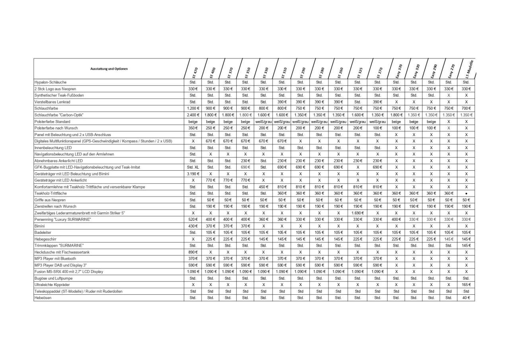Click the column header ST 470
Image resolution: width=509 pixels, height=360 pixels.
click(194, 72)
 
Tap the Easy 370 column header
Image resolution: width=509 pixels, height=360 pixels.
click(398, 71)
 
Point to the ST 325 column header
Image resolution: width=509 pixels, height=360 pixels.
click(359, 72)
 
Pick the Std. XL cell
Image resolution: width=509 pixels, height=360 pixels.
click(193, 167)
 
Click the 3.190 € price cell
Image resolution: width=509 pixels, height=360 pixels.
click(193, 174)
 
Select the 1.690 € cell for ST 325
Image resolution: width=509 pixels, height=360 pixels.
click(357, 213)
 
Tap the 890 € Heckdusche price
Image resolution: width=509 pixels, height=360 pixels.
click(193, 252)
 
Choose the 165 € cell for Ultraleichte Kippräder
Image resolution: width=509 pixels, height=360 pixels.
click(466, 285)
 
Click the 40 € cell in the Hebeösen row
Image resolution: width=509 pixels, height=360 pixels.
click(466, 298)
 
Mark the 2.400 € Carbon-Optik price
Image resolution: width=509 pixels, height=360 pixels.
click(193, 115)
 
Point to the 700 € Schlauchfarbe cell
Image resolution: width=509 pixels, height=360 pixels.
click(466, 109)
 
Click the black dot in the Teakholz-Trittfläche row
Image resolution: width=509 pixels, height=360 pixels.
click(466, 194)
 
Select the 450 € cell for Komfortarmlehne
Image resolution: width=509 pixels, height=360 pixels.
click(263, 187)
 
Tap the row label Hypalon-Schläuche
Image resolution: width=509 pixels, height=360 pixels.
click(51, 82)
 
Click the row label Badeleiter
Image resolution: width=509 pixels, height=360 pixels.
click(43, 233)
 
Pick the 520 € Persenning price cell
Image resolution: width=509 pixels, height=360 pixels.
click(193, 220)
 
